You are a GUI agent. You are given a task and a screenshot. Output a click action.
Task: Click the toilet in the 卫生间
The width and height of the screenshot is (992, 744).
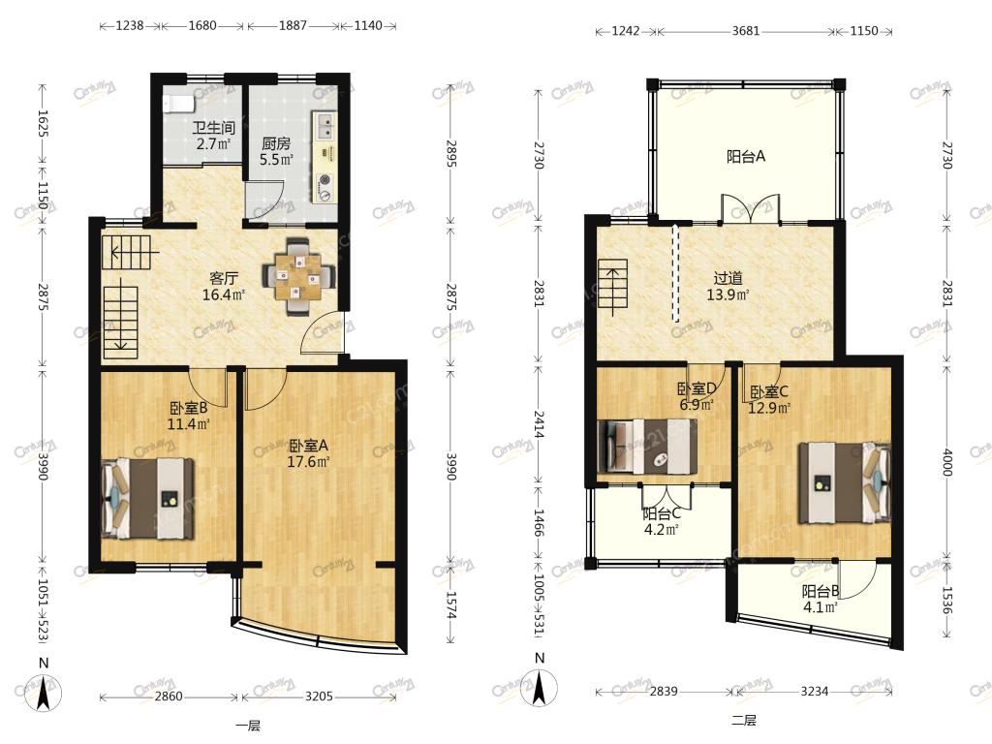[x=173, y=103]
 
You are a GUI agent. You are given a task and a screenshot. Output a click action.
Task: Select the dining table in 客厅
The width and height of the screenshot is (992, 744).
[x=298, y=276]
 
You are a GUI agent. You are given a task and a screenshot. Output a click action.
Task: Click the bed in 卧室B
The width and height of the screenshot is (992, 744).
[x=148, y=499]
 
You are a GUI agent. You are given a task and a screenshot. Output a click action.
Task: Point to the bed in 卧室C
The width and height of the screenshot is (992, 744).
[x=844, y=482]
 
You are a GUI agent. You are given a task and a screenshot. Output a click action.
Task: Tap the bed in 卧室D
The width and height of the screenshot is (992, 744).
[x=648, y=446]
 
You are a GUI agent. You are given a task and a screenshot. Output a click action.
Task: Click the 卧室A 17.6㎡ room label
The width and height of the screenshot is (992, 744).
[x=308, y=453]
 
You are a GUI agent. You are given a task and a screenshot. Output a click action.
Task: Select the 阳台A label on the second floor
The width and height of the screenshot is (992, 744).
[x=746, y=156]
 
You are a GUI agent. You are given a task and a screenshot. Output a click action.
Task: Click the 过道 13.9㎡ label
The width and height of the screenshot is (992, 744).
[x=728, y=286]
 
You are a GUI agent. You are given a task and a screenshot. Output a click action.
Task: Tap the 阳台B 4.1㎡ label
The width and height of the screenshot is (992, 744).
[x=820, y=599]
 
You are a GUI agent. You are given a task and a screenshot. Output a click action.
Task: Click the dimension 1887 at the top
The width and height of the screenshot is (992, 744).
[x=293, y=25]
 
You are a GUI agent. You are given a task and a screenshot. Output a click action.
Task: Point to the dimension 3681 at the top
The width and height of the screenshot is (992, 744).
[x=746, y=30]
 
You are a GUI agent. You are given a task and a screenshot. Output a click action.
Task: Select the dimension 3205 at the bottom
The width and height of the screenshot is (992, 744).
[x=319, y=696]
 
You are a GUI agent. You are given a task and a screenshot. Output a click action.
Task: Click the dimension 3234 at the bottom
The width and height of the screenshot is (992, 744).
[x=814, y=691]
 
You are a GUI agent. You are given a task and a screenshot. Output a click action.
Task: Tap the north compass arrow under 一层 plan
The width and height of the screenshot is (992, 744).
[x=44, y=692]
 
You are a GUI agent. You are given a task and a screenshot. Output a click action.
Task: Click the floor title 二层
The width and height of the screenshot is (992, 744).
[x=743, y=720]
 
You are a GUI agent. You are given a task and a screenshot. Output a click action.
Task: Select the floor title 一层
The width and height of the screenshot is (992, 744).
[x=248, y=726]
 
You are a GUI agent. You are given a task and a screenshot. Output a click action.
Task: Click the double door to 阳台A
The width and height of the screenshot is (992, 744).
[x=751, y=208]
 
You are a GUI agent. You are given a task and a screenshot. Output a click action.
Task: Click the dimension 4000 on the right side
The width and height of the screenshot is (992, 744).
[x=947, y=462]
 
